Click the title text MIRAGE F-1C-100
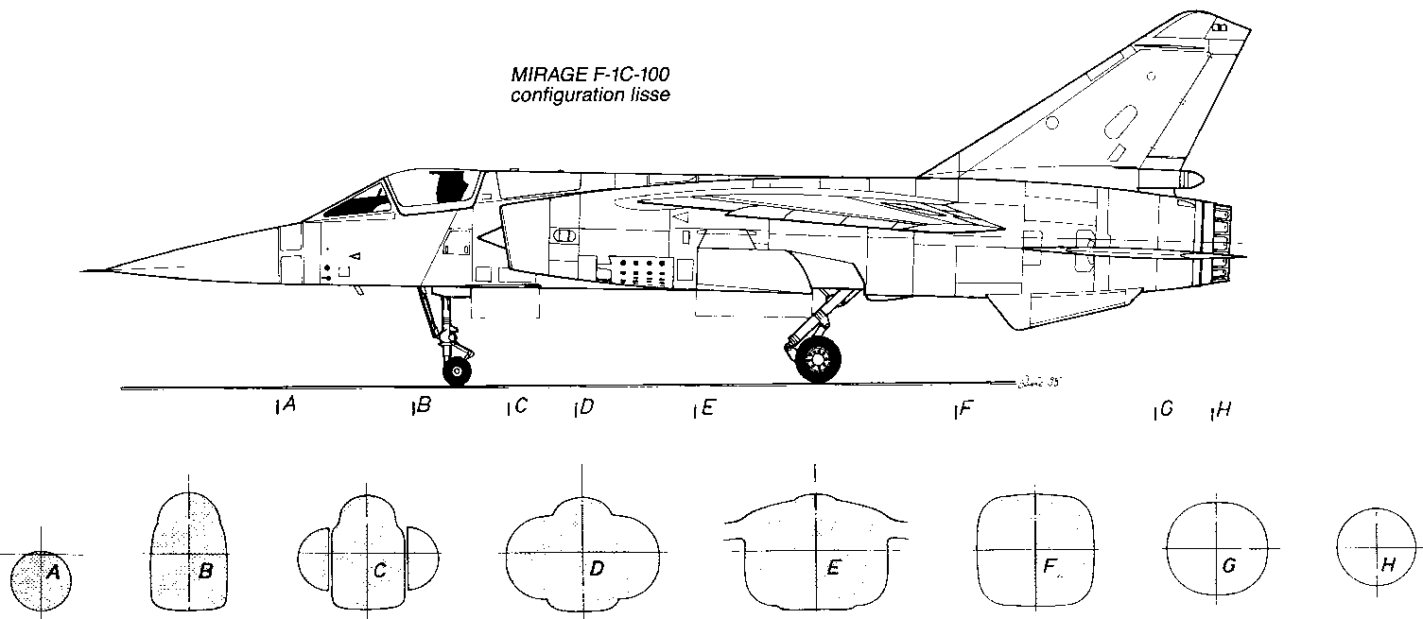[591, 75]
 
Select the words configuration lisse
[591, 95]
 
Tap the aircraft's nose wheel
[457, 371]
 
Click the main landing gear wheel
[819, 360]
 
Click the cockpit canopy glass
[430, 188]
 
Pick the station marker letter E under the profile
[708, 408]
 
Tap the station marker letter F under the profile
[965, 408]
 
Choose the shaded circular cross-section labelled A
[40, 580]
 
